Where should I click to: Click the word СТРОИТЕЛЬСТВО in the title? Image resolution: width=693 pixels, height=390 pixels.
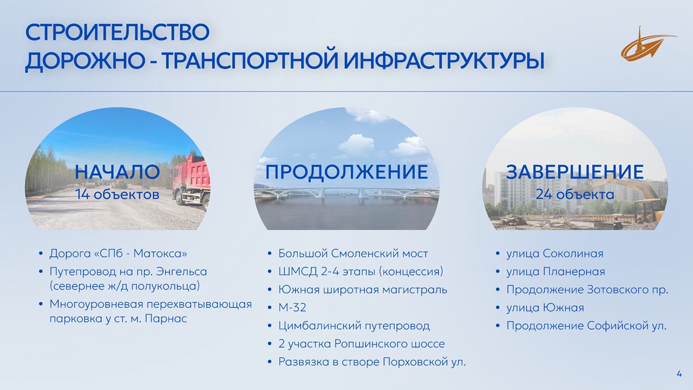[x=117, y=32]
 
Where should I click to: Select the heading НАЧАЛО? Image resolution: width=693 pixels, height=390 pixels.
[x=117, y=172]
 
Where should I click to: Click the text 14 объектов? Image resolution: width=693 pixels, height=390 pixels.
[x=117, y=194]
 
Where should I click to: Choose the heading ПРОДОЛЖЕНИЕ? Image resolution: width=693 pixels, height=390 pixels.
[x=346, y=172]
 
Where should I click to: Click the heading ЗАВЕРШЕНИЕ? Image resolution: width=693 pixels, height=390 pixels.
[x=575, y=172]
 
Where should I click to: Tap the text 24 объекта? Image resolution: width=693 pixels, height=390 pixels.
[x=575, y=194]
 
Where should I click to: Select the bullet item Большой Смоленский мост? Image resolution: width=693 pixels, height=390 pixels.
[x=353, y=253]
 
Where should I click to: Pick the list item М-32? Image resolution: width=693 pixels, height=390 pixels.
[x=292, y=308]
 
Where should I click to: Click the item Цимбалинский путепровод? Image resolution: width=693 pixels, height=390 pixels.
[x=354, y=326]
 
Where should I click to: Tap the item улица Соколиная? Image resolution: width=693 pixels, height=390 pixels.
[x=555, y=253]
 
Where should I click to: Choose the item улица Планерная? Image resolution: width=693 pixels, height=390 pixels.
[x=555, y=271]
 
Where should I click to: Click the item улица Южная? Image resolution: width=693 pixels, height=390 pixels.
[x=545, y=308]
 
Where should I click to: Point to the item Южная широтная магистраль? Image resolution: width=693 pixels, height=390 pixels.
[x=363, y=290]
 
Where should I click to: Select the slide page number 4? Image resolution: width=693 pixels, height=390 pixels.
[x=679, y=374]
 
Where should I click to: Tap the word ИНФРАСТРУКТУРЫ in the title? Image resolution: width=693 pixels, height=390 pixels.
[x=444, y=61]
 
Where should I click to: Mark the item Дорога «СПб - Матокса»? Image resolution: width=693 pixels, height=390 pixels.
[x=118, y=253]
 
